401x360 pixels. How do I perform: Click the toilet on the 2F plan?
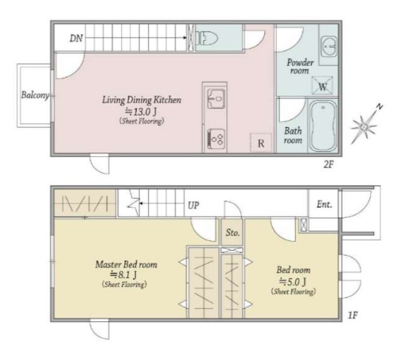[x=206, y=38]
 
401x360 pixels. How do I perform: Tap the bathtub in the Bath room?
[x=323, y=126]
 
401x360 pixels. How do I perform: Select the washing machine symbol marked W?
[x=322, y=86]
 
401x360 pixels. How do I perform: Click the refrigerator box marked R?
[x=261, y=143]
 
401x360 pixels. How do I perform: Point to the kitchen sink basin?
[x=216, y=98]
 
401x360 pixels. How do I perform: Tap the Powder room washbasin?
[x=329, y=46]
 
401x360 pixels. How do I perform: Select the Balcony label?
[x=35, y=95]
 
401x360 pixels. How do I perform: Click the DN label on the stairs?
[x=76, y=38]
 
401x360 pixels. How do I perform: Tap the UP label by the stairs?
[x=194, y=205]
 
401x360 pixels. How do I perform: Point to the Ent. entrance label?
[x=325, y=204]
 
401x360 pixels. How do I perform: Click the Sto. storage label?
[x=232, y=232]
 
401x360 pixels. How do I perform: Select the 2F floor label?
[x=328, y=165]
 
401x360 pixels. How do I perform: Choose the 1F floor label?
[x=352, y=316]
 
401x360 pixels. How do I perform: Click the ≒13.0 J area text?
[x=140, y=111]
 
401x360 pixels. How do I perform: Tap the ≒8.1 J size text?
[x=123, y=275]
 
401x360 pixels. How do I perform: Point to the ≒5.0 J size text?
[x=293, y=282]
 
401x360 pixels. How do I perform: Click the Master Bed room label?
[x=127, y=264]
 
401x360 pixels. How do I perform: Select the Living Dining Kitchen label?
[x=142, y=100]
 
